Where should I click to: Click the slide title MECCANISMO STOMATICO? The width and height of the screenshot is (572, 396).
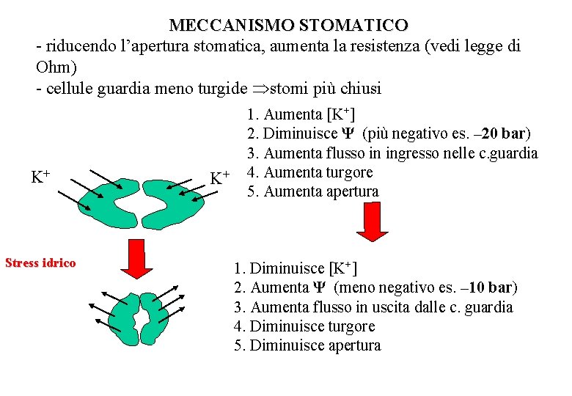[288, 25]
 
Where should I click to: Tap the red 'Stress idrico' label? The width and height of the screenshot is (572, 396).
[40, 263]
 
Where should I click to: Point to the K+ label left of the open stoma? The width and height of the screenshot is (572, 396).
[40, 177]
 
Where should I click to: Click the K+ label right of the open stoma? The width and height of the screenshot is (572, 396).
[220, 177]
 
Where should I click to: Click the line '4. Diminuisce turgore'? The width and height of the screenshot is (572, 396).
[304, 326]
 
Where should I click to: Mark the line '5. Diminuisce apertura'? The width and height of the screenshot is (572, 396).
[307, 345]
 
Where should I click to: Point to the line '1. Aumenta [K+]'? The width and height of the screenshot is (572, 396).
[301, 114]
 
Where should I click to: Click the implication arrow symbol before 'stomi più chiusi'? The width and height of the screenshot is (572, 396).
[260, 89]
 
